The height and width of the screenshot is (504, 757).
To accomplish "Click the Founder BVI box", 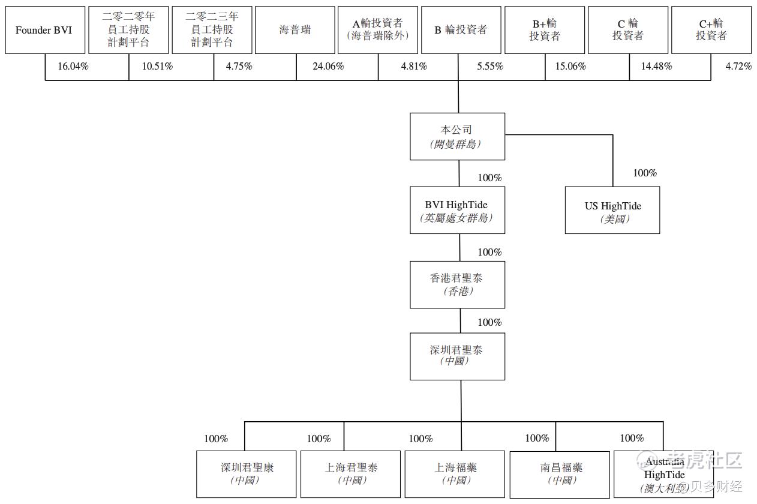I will [x=44, y=30].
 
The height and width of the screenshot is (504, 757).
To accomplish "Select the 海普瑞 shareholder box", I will [x=295, y=30].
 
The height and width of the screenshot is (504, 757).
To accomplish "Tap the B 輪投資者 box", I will [x=461, y=30].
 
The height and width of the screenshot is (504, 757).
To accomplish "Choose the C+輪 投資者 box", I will [x=711, y=30].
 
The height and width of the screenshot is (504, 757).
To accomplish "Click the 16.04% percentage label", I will [x=73, y=67].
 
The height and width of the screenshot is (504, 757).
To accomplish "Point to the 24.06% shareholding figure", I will [x=328, y=67].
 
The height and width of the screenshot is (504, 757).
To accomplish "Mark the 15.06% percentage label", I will [x=570, y=67].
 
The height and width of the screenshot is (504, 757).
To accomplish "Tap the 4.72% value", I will [x=738, y=67].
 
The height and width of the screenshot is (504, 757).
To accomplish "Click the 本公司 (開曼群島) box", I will [x=457, y=137].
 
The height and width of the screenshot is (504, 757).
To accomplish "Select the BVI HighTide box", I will [x=457, y=211].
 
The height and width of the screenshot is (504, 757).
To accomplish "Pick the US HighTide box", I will [x=612, y=211].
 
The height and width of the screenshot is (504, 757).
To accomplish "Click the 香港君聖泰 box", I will [x=457, y=284].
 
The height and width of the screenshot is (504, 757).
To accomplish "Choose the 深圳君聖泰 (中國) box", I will [x=457, y=356].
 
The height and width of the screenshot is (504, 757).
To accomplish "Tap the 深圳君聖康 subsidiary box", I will [x=247, y=474].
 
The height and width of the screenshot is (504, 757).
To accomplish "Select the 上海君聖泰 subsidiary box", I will [x=350, y=474].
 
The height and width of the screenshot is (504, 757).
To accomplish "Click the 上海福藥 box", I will [x=455, y=474].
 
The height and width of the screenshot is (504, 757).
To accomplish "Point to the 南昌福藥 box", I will [x=561, y=474].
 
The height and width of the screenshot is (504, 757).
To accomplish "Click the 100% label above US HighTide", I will [x=645, y=173].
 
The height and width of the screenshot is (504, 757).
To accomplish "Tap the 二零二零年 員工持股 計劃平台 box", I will [x=128, y=30].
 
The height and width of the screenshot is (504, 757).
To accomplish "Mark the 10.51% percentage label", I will [x=157, y=67].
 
